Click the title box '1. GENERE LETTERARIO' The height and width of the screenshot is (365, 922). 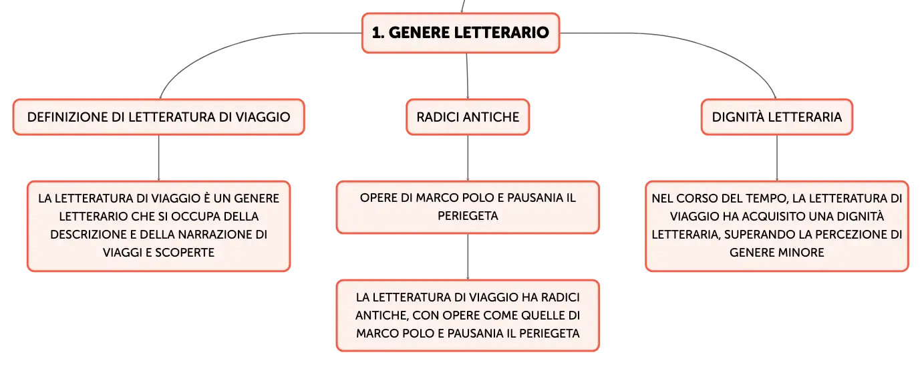460,33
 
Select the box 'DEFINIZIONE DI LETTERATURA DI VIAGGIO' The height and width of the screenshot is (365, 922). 158,117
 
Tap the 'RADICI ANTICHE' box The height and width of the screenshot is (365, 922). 468,117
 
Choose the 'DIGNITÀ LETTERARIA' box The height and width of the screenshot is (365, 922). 777,117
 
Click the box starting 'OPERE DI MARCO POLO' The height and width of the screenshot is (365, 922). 468,207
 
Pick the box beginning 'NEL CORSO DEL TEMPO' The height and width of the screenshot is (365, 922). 777,226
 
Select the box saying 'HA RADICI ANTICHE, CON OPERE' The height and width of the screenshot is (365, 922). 468,316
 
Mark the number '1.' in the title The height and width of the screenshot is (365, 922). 378,33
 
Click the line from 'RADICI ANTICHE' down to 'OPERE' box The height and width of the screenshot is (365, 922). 468,158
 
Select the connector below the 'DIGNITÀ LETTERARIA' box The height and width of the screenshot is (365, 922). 777,158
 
